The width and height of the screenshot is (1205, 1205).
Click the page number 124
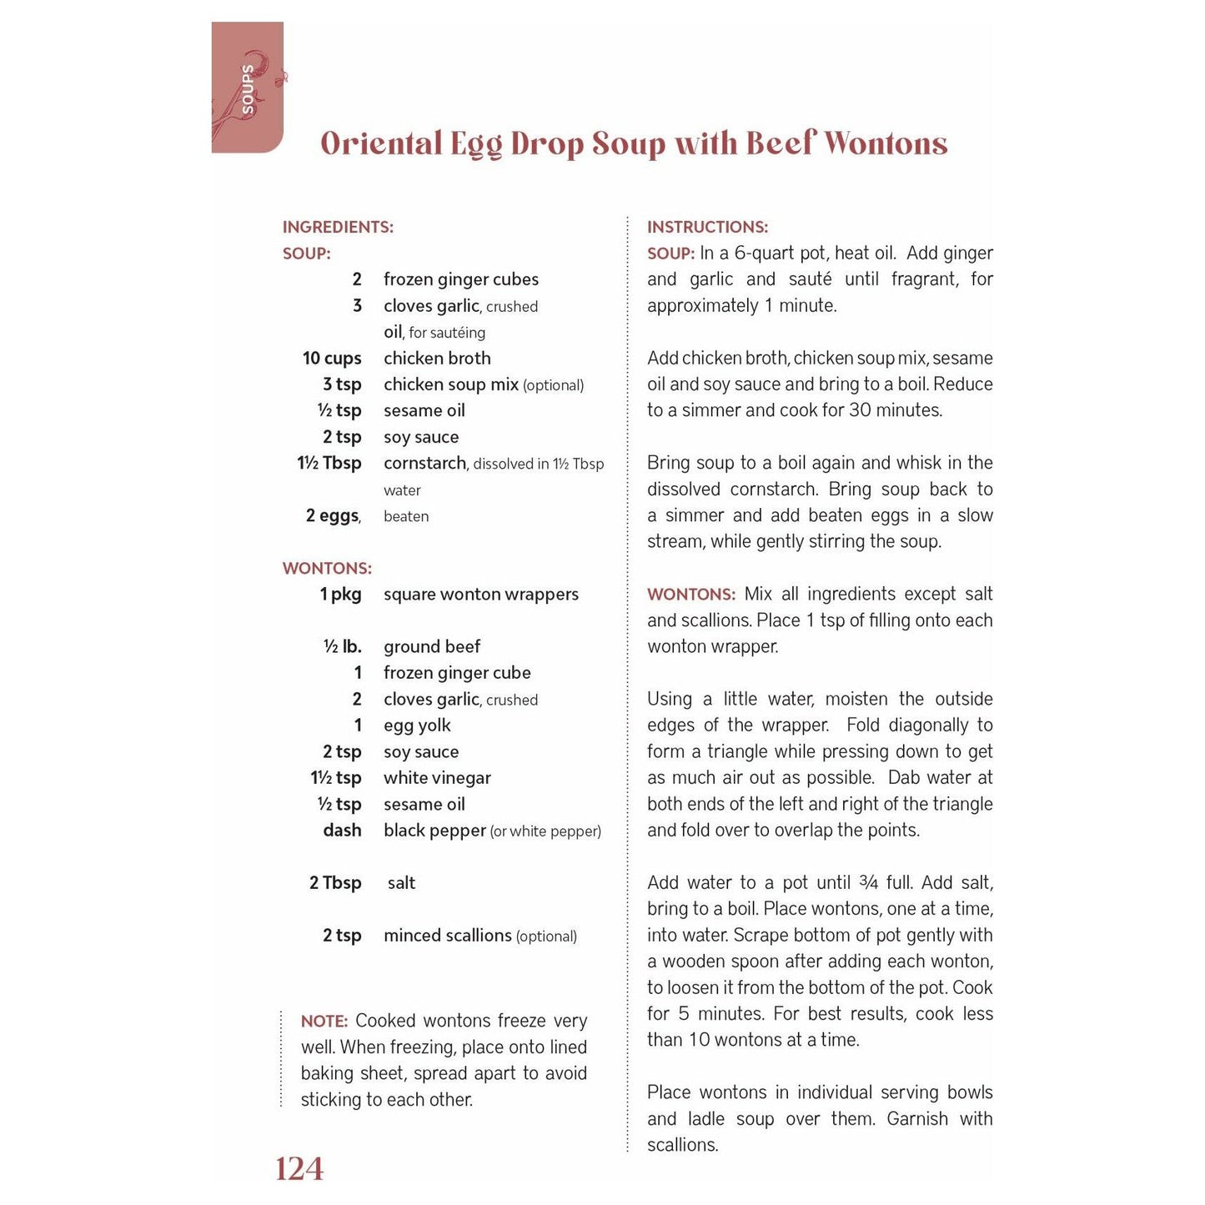[x=299, y=1169]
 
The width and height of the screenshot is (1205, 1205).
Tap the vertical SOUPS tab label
[x=248, y=88]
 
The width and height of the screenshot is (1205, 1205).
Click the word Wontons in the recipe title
[x=886, y=143]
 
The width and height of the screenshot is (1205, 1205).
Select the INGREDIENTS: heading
[x=338, y=227]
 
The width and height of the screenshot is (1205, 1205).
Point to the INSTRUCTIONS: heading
[x=707, y=227]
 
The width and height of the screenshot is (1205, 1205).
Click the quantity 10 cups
[x=332, y=359]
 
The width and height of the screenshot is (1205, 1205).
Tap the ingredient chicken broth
[x=437, y=359]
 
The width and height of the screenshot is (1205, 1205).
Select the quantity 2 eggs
[x=333, y=515]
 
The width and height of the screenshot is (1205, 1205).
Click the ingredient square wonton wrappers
[x=480, y=595]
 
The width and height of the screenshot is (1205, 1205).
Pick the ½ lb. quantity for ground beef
[x=342, y=647]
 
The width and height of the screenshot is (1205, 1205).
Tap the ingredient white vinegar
[x=437, y=778]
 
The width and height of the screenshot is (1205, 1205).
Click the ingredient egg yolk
[x=417, y=726]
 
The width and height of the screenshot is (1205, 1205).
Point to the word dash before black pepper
[x=342, y=831]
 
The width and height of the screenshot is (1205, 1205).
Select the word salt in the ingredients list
[x=401, y=883]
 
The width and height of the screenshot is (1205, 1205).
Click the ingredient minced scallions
[x=448, y=936]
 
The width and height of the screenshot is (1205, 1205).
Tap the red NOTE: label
[x=324, y=1022]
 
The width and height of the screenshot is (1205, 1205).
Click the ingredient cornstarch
[x=424, y=464]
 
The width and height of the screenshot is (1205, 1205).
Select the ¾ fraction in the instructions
[x=868, y=882]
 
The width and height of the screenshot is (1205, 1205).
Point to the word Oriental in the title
[x=381, y=143]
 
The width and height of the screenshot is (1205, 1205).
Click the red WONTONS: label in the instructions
[x=691, y=595]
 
